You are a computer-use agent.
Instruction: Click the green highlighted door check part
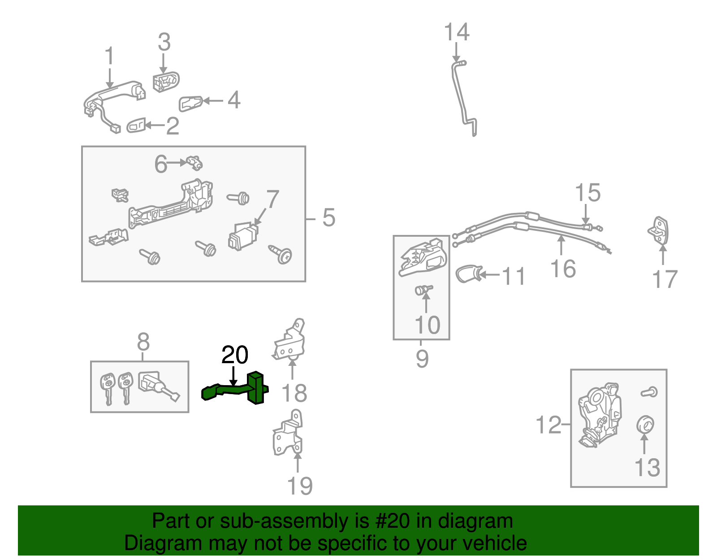coord(257,388)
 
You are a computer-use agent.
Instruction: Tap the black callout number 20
coord(234,355)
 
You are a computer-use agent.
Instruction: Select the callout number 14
coord(456,32)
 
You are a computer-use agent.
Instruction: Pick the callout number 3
coord(164,42)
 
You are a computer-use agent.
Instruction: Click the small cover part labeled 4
coord(190,103)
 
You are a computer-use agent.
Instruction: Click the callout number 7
coord(272,200)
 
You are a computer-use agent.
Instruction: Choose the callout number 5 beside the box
coord(328,218)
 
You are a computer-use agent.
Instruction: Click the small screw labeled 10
coord(423,290)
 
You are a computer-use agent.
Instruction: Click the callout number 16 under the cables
coord(563,269)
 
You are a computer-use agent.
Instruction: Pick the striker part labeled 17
coord(659,230)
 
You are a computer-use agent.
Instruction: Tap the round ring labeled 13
coord(644,424)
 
